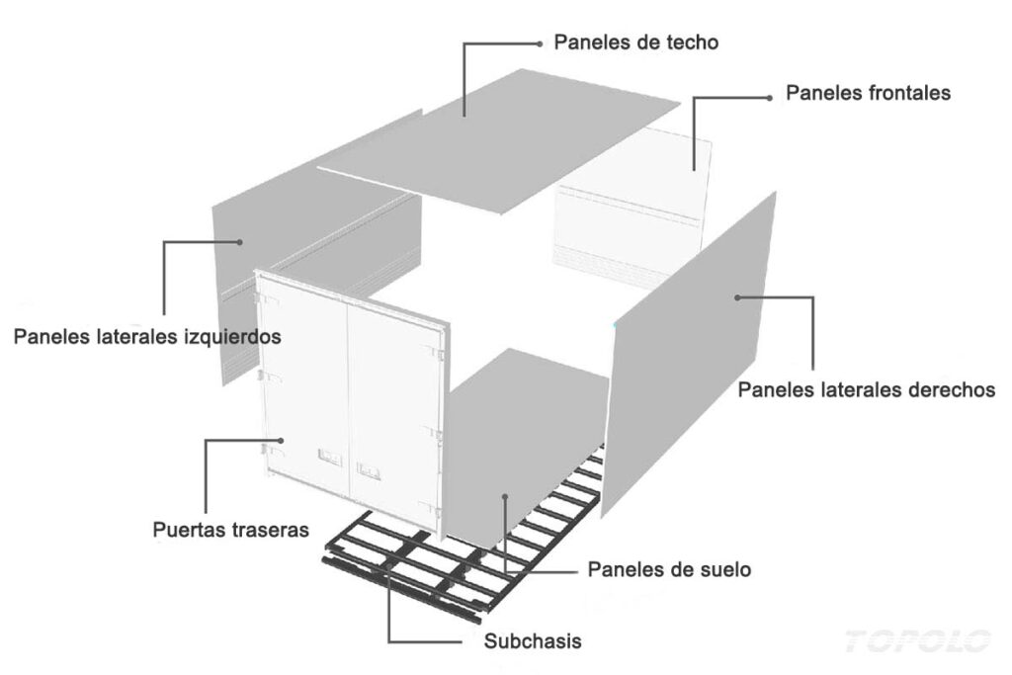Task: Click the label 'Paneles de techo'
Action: tap(635, 42)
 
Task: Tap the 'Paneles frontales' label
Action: tap(868, 93)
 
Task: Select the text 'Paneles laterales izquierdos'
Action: tap(147, 336)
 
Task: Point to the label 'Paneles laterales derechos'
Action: tap(866, 389)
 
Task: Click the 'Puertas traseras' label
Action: tap(230, 530)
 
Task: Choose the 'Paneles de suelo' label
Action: tap(669, 570)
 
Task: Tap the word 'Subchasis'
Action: tap(533, 640)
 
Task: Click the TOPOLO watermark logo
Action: tap(917, 641)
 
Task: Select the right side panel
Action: tap(689, 354)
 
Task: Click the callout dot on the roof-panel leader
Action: tap(540, 43)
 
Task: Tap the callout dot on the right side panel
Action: tap(737, 297)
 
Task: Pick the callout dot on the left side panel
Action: tap(239, 242)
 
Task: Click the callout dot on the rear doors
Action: tap(282, 440)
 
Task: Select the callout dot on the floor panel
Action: tap(505, 496)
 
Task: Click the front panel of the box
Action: tap(632, 207)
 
